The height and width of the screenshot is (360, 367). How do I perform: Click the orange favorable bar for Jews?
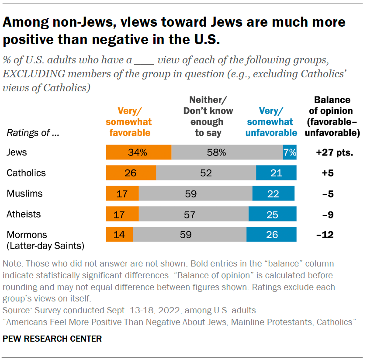tap(138, 152)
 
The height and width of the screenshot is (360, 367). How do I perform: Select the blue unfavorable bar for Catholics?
tap(276, 173)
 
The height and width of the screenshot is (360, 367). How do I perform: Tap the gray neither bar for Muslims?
tap(195, 193)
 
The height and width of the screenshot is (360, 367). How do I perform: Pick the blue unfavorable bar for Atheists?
tap(273, 214)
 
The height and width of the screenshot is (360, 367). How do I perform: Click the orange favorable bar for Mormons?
tap(119, 234)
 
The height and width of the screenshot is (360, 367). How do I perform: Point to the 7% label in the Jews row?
tap(290, 152)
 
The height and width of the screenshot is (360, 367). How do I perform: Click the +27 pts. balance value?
tap(334, 152)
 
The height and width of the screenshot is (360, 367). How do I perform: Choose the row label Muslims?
tap(24, 193)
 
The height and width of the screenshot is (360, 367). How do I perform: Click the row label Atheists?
tap(24, 214)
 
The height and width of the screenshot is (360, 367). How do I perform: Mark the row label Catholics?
tap(26, 173)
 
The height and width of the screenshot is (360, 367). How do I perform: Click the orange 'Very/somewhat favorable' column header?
tap(128, 121)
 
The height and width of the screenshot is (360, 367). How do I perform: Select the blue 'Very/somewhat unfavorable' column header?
tap(271, 121)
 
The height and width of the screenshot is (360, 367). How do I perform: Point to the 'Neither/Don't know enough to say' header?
tap(208, 116)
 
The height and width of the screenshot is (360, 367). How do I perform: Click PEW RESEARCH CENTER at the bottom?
tap(52, 339)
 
